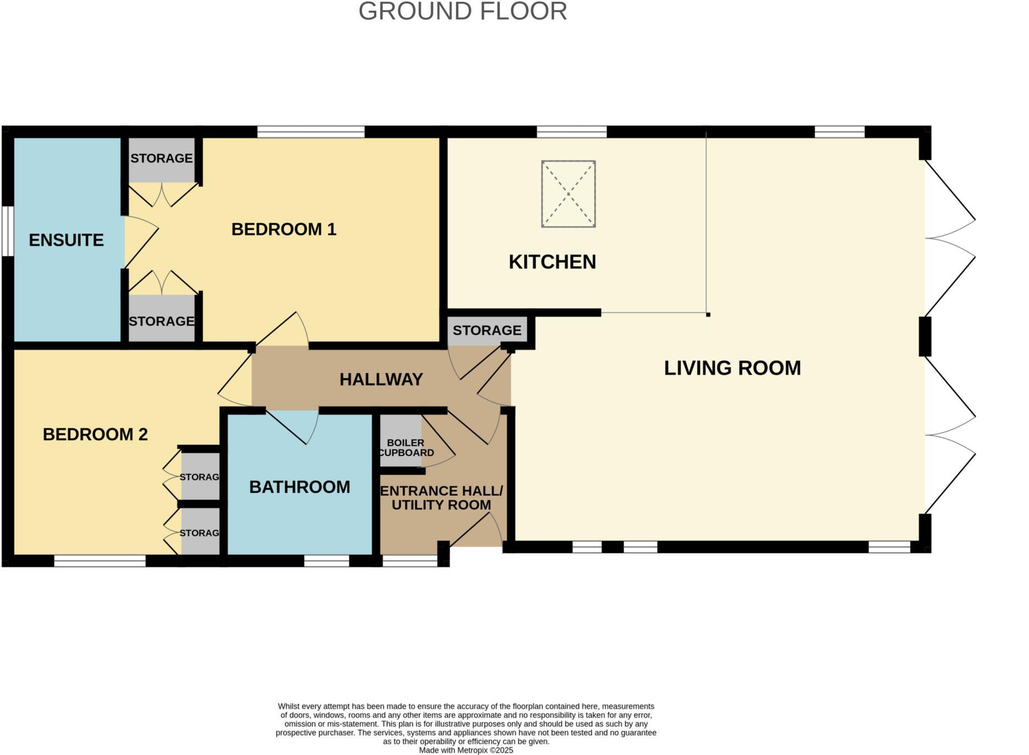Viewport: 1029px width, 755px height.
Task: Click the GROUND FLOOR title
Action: [462, 12]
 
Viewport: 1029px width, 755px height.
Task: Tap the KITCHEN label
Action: [552, 262]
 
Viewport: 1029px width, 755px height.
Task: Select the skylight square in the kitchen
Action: [568, 193]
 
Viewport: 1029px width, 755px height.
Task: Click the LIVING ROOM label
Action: [732, 368]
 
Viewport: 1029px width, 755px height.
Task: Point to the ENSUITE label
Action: [66, 240]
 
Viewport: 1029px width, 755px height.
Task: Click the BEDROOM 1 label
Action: [284, 229]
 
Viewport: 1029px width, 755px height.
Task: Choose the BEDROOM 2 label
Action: [95, 435]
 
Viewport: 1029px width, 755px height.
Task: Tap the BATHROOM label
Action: [300, 487]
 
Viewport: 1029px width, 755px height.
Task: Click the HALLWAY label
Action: [381, 379]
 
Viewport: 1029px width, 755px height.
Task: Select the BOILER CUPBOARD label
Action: [406, 448]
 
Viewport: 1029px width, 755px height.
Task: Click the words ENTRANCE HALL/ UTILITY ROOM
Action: [441, 498]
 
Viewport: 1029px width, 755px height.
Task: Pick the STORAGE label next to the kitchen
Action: [487, 330]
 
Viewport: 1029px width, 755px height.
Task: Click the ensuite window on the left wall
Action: [7, 231]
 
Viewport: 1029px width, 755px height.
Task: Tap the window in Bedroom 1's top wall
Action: [311, 132]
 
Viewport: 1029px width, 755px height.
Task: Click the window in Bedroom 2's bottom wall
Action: [99, 560]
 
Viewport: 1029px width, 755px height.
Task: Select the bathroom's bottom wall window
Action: [327, 560]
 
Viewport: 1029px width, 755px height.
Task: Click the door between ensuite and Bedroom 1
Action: [141, 242]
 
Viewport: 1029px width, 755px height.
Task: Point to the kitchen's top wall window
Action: [572, 132]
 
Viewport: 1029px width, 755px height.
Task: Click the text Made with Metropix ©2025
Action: [466, 750]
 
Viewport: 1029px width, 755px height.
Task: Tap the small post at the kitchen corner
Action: [708, 315]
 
